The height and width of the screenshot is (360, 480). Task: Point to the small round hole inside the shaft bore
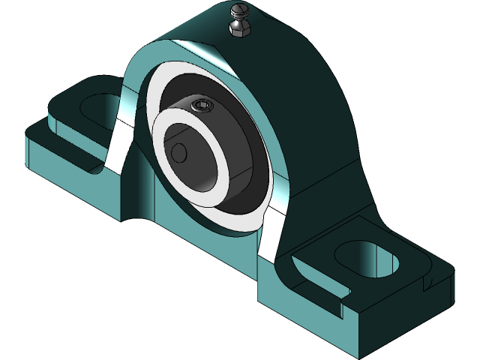(x=179, y=152)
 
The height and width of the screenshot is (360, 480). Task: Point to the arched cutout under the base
(x=135, y=217)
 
